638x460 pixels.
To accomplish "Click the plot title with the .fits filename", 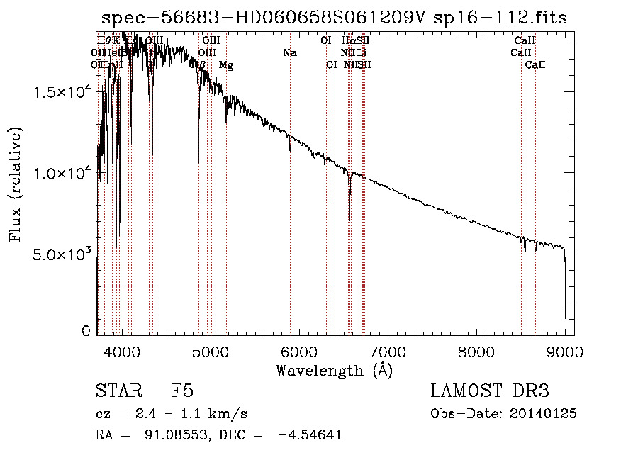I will point(334,18).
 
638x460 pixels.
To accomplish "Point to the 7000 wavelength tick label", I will point(388,352).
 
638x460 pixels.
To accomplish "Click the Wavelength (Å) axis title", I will point(334,370).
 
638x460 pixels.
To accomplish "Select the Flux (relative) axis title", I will point(16,184).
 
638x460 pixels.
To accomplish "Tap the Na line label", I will point(289,52).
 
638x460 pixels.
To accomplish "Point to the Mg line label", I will point(225,65).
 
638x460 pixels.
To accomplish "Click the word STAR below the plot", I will point(118,392).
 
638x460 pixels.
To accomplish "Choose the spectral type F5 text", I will point(181,392).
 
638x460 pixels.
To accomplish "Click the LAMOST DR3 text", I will point(490,392).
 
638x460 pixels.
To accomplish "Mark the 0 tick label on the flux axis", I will point(86,331).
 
